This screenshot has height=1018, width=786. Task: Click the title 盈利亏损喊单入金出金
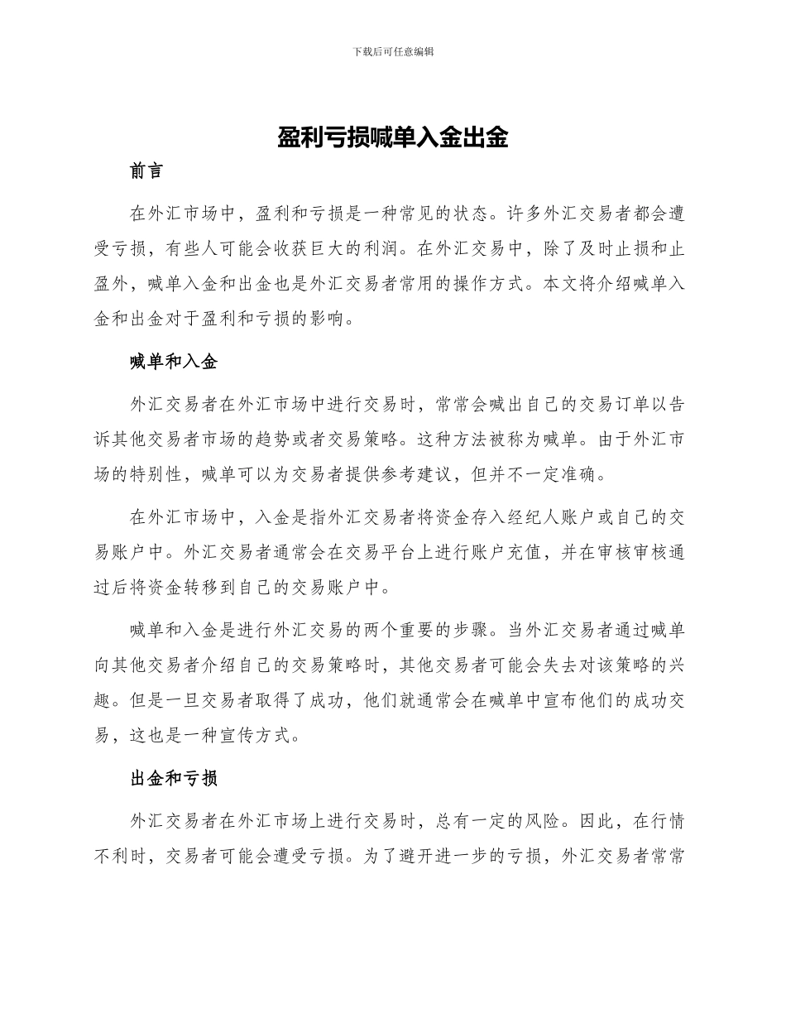pos(392,137)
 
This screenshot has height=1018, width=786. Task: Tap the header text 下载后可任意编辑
pos(393,51)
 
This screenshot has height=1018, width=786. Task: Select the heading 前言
pos(146,171)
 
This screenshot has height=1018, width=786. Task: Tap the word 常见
pos(427,214)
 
